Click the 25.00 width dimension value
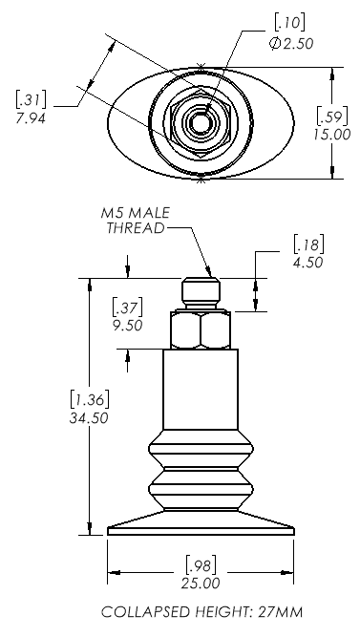click(201, 584)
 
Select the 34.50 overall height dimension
click(89, 418)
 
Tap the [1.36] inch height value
click(90, 400)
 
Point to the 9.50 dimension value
click(127, 326)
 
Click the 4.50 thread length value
click(308, 263)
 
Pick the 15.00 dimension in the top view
click(331, 134)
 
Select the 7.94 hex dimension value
click(31, 118)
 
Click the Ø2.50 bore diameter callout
click(291, 44)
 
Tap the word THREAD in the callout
click(136, 228)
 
